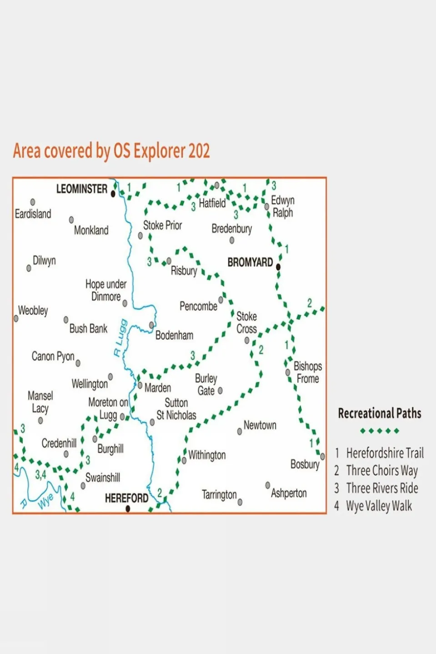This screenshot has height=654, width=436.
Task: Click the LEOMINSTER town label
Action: [82, 189]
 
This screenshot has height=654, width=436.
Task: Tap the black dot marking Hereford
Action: [128, 509]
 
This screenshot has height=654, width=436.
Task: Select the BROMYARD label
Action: [250, 262]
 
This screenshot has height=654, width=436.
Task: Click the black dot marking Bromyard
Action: [278, 267]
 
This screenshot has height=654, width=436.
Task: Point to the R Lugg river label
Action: [120, 338]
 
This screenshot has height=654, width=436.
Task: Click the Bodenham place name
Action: [174, 335]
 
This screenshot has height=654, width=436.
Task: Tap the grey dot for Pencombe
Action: [221, 300]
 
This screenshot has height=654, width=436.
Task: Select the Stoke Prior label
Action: [162, 225]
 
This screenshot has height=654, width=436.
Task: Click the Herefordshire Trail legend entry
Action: [385, 453]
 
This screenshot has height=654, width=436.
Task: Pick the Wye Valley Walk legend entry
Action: [379, 506]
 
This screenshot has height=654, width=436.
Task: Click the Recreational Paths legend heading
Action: [379, 413]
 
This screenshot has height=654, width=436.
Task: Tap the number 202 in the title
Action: [199, 151]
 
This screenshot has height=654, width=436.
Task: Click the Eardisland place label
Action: [33, 214]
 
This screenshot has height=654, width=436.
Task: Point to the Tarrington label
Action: [219, 494]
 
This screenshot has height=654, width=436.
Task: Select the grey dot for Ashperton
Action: [268, 485]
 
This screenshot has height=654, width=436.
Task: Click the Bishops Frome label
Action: [308, 372]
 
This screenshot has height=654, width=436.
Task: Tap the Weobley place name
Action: [33, 310]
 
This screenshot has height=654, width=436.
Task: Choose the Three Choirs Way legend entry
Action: [381, 470]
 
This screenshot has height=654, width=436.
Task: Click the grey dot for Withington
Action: [184, 460]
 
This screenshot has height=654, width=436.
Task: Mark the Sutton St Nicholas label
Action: [176, 409]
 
